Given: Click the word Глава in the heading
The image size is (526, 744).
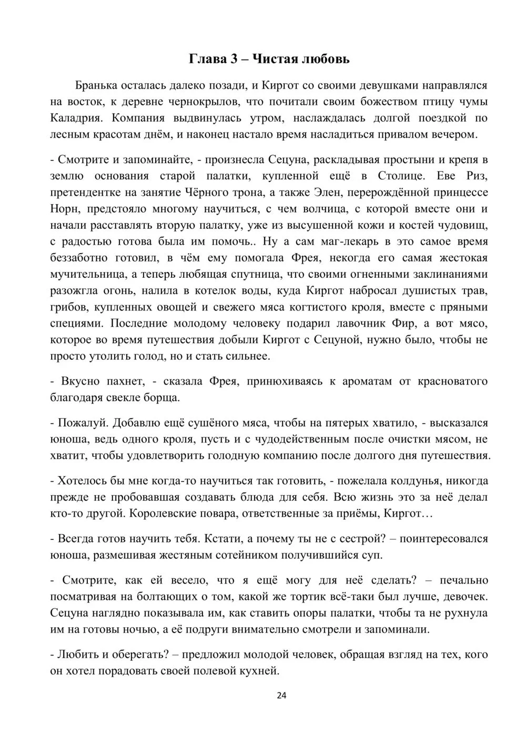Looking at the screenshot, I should (206, 59).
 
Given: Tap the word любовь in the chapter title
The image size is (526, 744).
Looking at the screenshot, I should (325, 59).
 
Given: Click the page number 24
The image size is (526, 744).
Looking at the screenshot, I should (281, 696).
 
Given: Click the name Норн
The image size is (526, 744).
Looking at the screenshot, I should (65, 209).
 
